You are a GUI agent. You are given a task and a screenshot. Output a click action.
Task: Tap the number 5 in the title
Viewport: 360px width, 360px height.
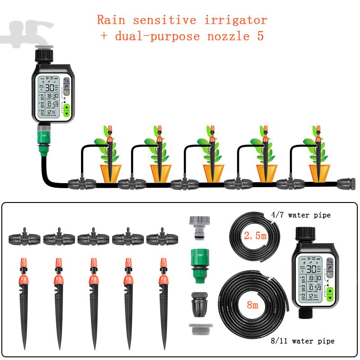tap(260, 36)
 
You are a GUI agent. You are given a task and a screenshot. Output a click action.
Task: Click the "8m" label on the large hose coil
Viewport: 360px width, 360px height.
tap(252, 306)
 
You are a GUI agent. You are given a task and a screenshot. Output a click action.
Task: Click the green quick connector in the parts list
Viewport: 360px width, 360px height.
tap(198, 267)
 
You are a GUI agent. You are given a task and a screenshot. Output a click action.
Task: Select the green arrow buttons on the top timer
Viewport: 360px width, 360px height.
tap(67, 111)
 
